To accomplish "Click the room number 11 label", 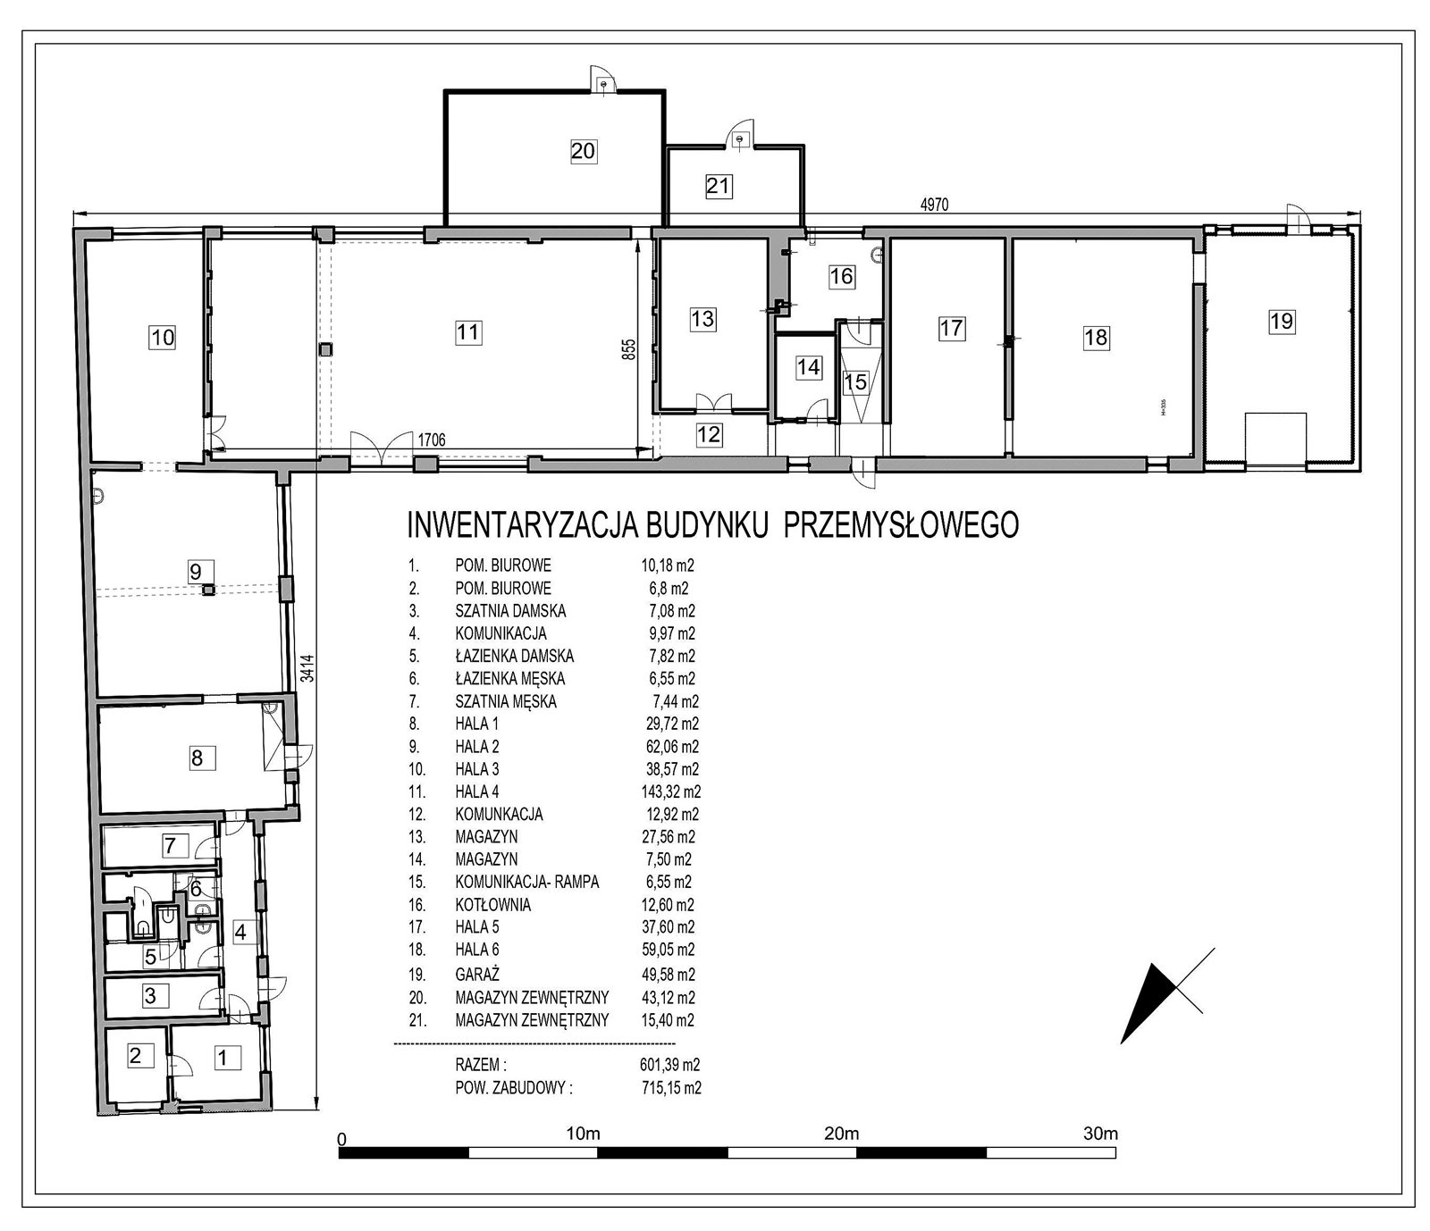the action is click(467, 333).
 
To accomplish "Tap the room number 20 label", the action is click(583, 151).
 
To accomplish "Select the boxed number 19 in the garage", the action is click(1282, 321).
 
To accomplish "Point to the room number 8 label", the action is click(197, 758).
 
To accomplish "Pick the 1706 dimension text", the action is click(430, 440).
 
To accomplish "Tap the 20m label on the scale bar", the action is click(841, 1135).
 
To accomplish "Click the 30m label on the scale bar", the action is click(1100, 1135).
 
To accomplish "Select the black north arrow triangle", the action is click(1148, 1002).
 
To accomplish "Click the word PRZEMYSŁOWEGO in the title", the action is click(901, 525).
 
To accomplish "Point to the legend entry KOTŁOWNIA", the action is click(492, 905).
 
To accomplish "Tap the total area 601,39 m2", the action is click(665, 1065).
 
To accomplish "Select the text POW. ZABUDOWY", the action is click(512, 1088).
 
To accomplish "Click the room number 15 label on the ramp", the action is click(855, 382).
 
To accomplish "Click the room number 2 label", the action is click(135, 1056).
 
